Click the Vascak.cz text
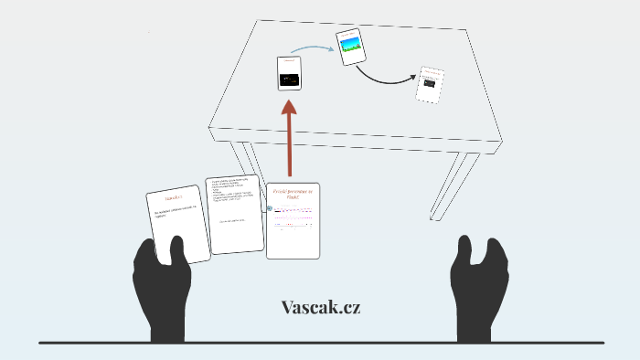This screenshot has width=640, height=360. tap(321, 307)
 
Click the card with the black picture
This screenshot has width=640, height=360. tap(290, 73)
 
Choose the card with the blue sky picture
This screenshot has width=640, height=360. tap(351, 47)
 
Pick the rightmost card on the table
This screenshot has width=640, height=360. tap(430, 85)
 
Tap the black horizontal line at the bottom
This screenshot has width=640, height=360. tap(320, 343)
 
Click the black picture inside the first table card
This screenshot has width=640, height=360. tap(291, 79)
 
